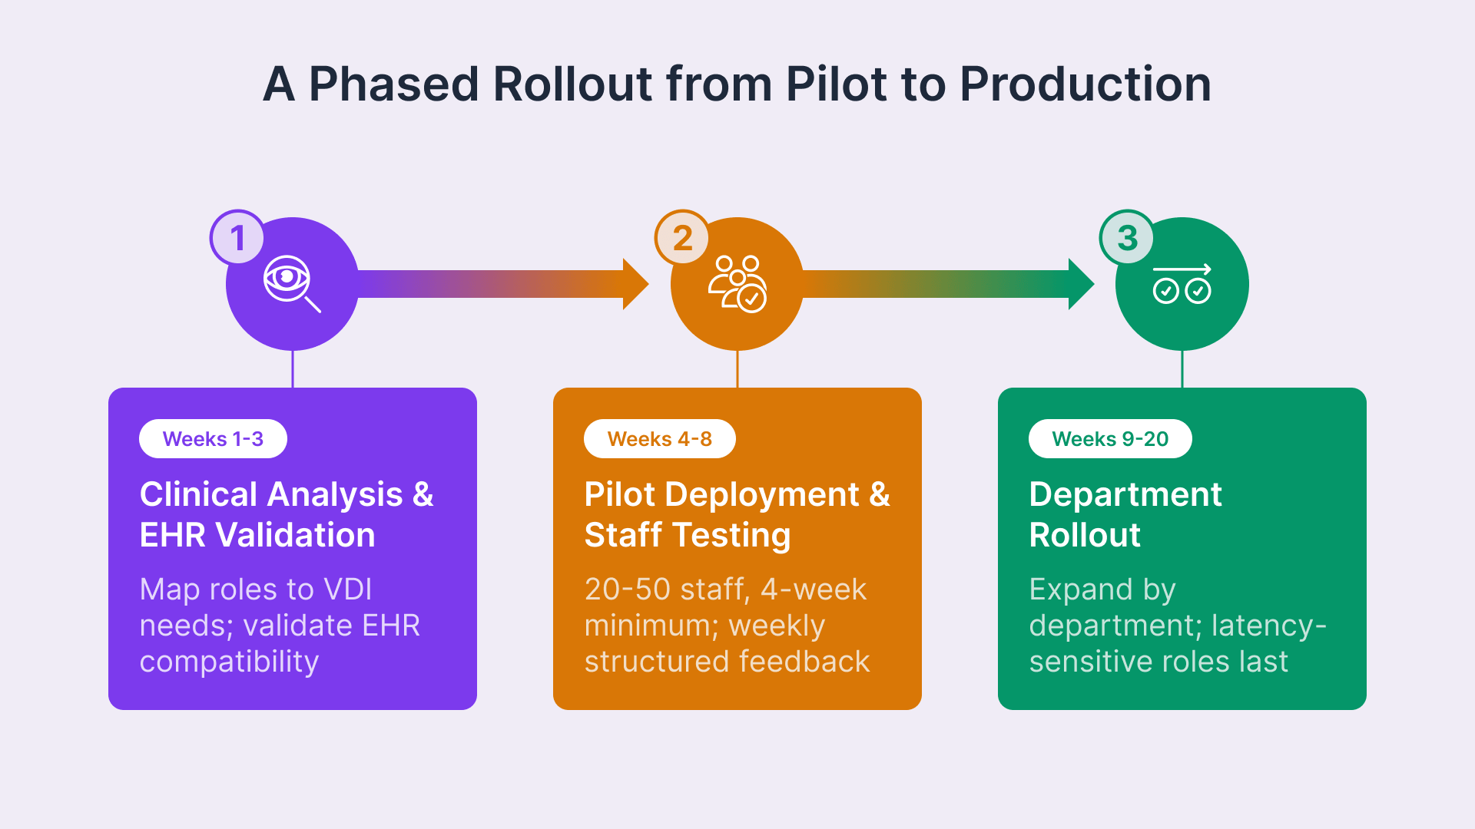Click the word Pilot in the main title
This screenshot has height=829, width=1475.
coord(836,84)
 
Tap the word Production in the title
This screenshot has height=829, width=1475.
coord(1085,84)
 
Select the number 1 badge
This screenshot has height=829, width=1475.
coord(237,238)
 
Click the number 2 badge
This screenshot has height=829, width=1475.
coord(682,238)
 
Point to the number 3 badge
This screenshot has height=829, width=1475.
coord(1127,238)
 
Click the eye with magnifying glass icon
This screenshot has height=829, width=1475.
coord(291,283)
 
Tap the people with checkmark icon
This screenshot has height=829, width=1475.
coord(737,284)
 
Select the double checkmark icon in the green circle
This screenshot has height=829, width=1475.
coord(1182,285)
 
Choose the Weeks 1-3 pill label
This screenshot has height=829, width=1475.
coord(213,439)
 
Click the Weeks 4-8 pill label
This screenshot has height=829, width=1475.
coord(659,439)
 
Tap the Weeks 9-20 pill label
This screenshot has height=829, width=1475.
coord(1110,439)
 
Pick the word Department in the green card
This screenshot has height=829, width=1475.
coord(1125,494)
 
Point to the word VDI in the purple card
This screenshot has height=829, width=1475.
coord(348,590)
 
